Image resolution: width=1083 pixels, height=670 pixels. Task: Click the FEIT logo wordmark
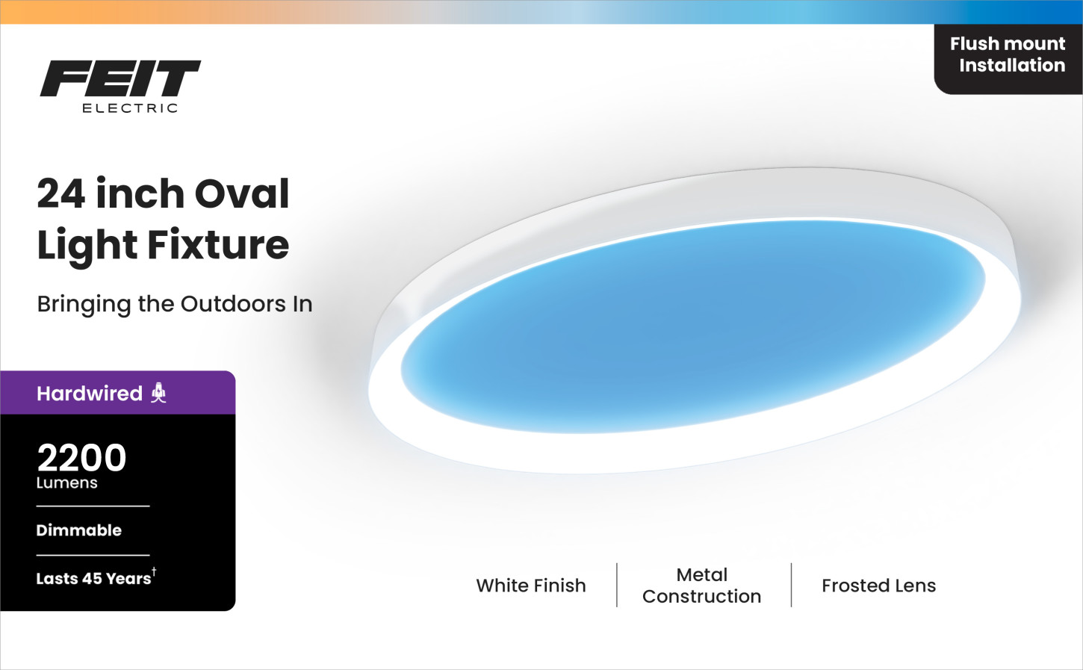point(120,78)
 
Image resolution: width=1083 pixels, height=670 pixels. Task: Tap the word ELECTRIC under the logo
point(130,108)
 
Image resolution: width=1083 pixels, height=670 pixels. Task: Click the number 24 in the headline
point(61,194)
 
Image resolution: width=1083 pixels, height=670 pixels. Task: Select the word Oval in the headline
point(242,193)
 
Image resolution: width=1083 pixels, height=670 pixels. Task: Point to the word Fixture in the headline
point(218,244)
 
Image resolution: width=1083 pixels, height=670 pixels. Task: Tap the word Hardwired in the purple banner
point(90,394)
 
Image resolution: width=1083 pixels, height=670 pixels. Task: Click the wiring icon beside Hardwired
point(158,393)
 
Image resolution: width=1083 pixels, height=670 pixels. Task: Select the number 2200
point(81,458)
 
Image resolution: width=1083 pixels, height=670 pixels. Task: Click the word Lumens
point(66,483)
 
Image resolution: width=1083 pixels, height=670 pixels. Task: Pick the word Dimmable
point(79,530)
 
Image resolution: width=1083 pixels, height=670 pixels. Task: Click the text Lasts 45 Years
point(93,579)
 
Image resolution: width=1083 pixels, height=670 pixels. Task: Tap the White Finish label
point(531,586)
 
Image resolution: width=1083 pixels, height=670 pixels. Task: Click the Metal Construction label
point(701,586)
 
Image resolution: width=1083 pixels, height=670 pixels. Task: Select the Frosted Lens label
point(879,586)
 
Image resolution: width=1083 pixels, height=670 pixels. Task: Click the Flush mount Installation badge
point(1008,59)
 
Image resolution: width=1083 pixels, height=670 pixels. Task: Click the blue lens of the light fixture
point(692,326)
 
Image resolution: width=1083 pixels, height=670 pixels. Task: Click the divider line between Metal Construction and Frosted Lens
point(792,585)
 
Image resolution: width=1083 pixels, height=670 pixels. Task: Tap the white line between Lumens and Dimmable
point(93,506)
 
